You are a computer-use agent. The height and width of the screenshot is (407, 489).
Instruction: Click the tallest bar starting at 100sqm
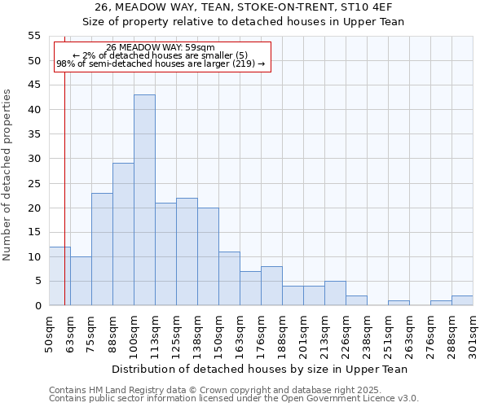pyautogui.click(x=144, y=200)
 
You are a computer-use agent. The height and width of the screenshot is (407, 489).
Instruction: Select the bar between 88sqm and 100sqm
pyautogui.click(x=123, y=234)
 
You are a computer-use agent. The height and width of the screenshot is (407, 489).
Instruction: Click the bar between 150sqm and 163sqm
pyautogui.click(x=229, y=278)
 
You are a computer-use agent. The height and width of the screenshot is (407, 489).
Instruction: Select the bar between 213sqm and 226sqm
pyautogui.click(x=335, y=293)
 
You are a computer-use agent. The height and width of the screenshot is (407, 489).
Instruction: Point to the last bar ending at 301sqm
pyautogui.click(x=462, y=300)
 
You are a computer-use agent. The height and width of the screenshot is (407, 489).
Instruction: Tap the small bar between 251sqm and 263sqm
pyautogui.click(x=399, y=303)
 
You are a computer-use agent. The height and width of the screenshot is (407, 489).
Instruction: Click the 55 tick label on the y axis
pyautogui.click(x=33, y=36)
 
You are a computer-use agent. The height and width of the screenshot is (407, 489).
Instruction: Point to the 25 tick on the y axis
pyautogui.click(x=33, y=183)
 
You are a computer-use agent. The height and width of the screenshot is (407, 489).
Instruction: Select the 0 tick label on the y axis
pyautogui.click(x=37, y=305)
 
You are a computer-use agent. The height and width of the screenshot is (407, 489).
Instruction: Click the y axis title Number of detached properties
pyautogui.click(x=7, y=174)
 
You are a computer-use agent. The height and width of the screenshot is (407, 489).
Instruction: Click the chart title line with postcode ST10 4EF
pyautogui.click(x=244, y=7)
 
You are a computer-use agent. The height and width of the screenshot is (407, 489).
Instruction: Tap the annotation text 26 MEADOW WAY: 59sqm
pyautogui.click(x=161, y=48)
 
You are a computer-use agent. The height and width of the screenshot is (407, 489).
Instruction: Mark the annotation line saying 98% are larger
pyautogui.click(x=161, y=63)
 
